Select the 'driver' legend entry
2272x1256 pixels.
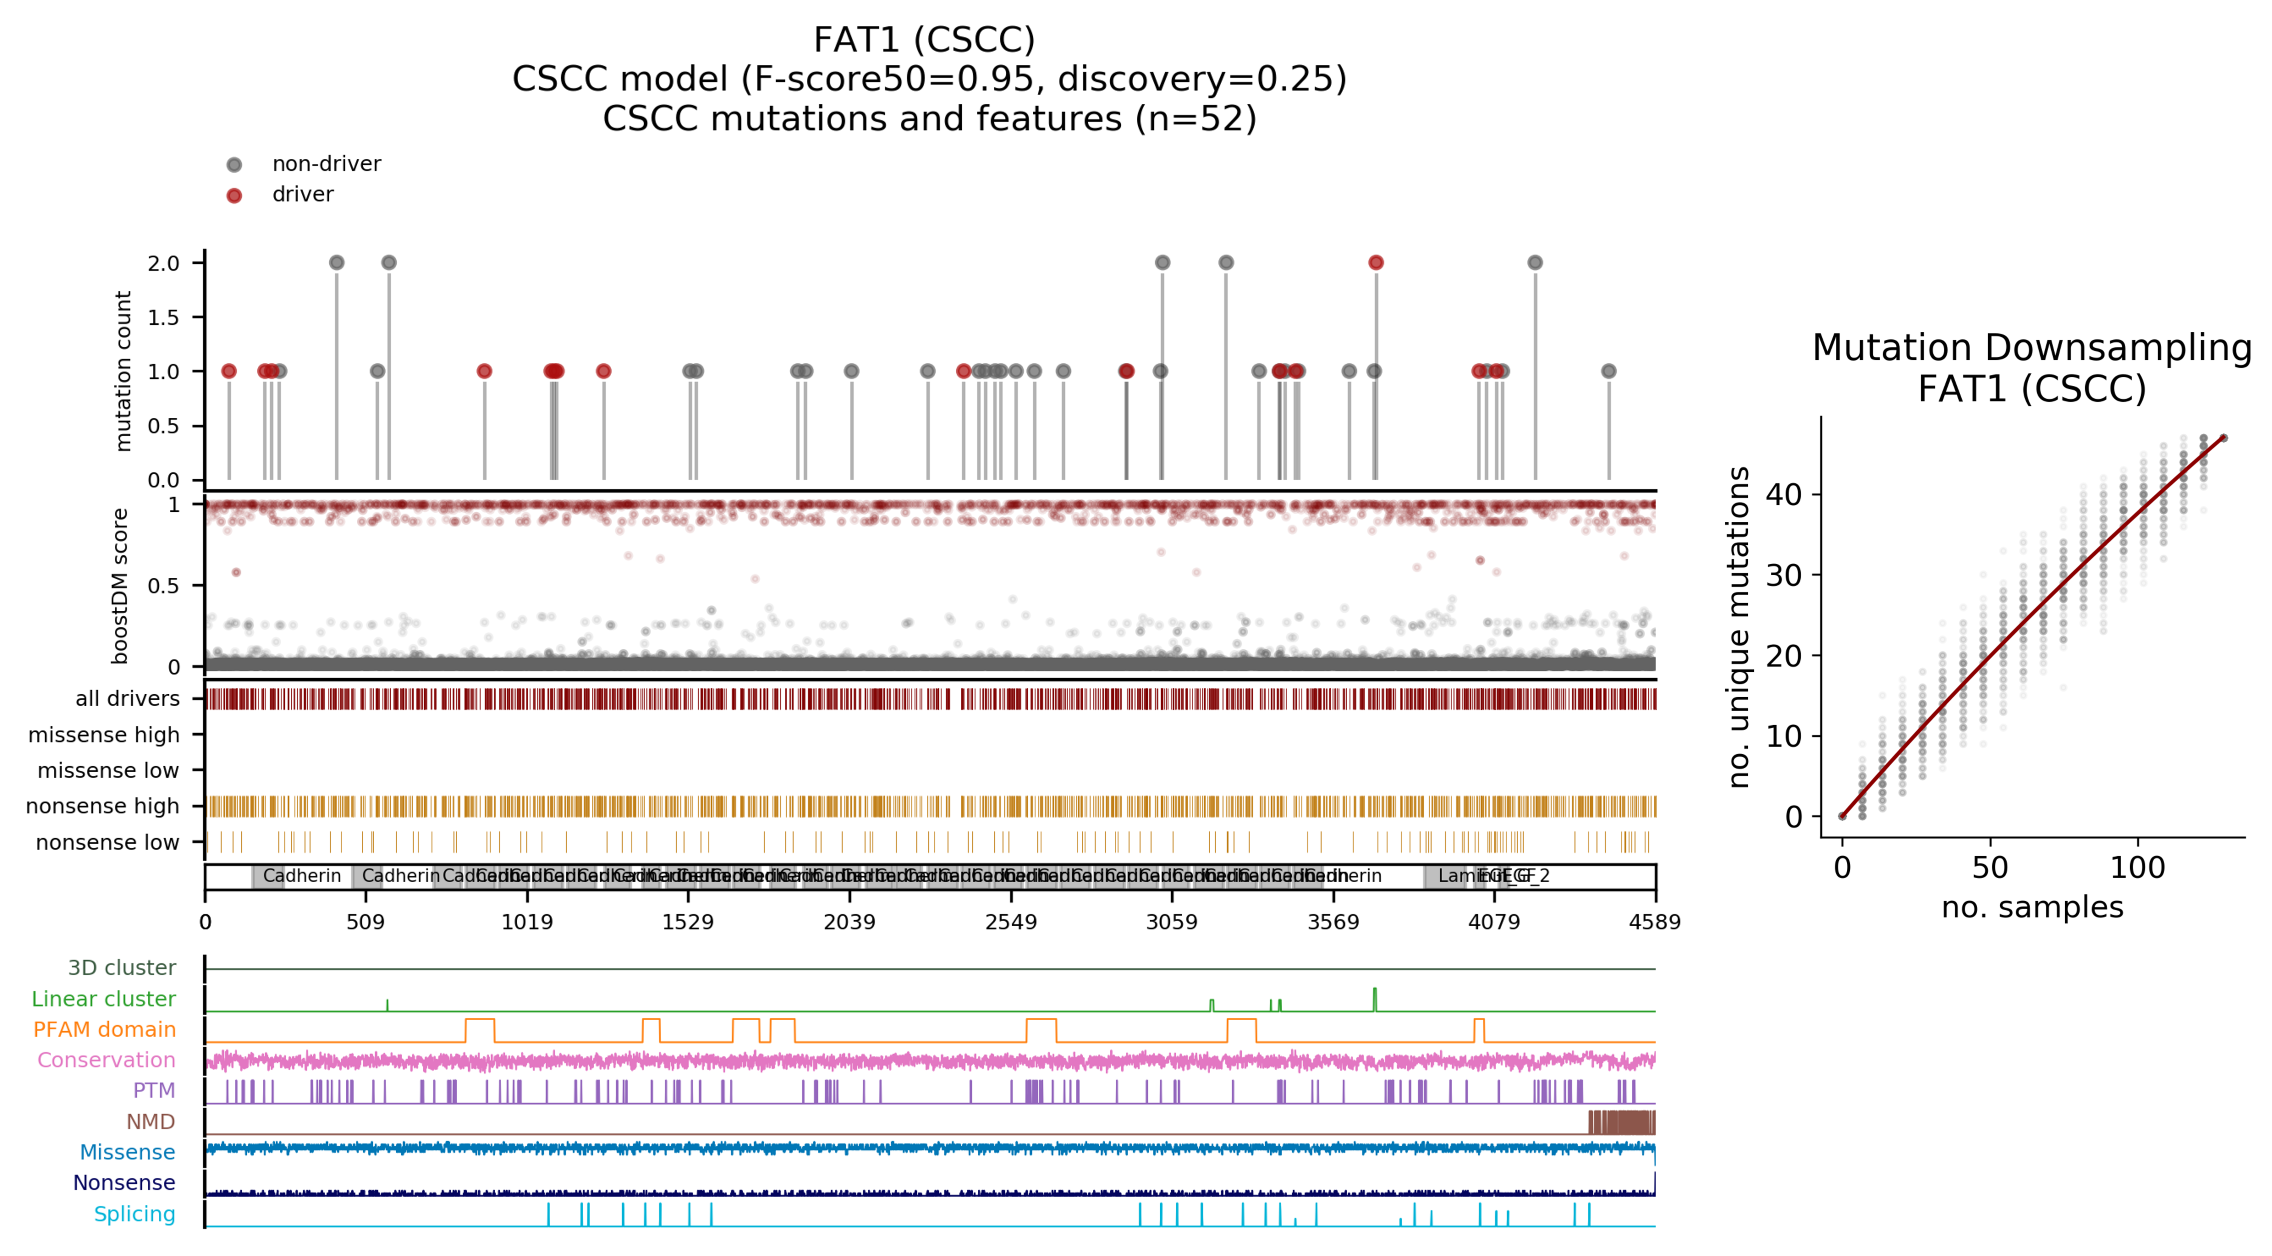[302, 194]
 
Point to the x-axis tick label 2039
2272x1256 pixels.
[849, 922]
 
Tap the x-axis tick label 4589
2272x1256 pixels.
[1654, 922]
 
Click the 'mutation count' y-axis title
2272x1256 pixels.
[123, 371]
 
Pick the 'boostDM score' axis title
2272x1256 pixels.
[120, 586]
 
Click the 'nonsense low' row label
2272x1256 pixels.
[107, 842]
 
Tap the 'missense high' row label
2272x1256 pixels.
[104, 735]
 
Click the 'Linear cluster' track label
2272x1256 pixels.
[104, 999]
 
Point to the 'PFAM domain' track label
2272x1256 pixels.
[105, 1029]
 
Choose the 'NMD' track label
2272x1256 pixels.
[151, 1121]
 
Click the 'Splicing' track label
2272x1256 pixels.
[135, 1214]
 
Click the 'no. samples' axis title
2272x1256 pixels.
[2032, 907]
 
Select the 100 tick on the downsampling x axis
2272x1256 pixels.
[2137, 868]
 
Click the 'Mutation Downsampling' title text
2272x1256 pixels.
[2032, 347]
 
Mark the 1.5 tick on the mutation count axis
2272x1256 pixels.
[163, 317]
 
